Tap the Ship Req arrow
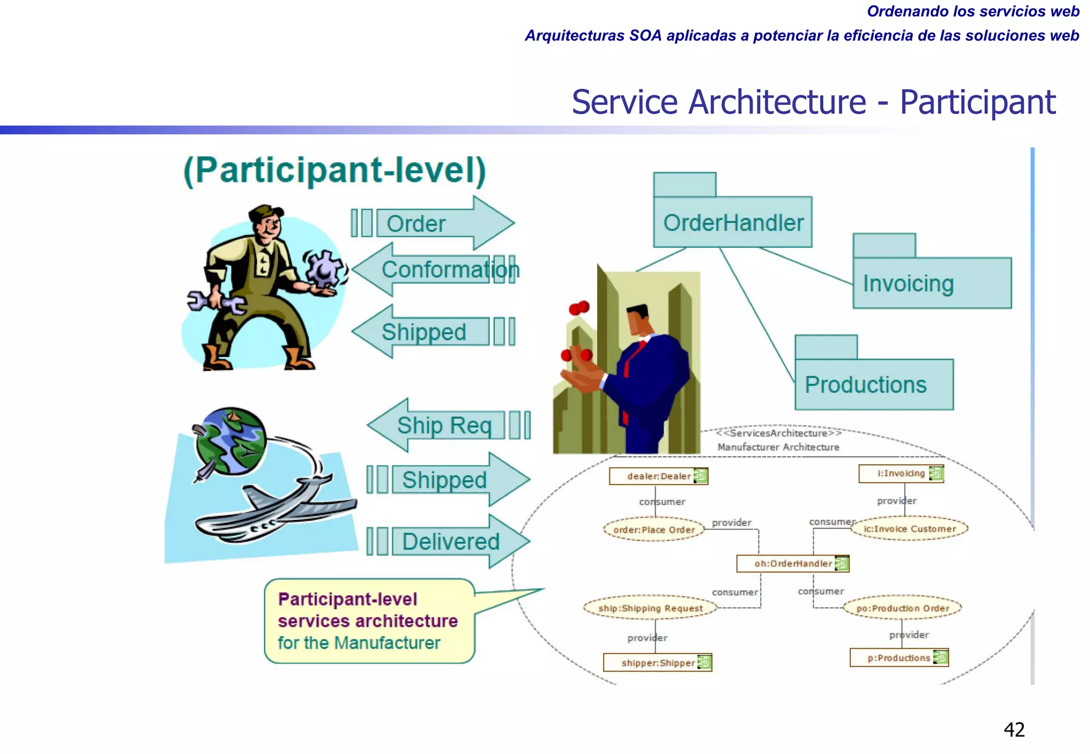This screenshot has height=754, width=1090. [x=447, y=425]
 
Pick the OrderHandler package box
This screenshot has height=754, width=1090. [x=732, y=222]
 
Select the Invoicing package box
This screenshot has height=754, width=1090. [x=931, y=282]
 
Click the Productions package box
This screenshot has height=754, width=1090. [x=874, y=384]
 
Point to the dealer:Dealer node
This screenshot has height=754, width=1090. [x=658, y=476]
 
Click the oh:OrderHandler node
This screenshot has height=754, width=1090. [x=792, y=564]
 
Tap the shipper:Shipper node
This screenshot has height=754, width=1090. [x=657, y=663]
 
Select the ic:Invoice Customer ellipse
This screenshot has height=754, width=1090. [x=909, y=529]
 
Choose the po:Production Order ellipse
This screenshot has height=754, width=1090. [x=903, y=608]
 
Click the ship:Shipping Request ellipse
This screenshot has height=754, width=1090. [x=650, y=608]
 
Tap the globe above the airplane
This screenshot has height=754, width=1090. [x=230, y=441]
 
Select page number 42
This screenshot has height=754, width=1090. [x=1014, y=730]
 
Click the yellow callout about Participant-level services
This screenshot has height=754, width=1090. [x=369, y=621]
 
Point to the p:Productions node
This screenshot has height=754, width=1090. [x=899, y=658]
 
